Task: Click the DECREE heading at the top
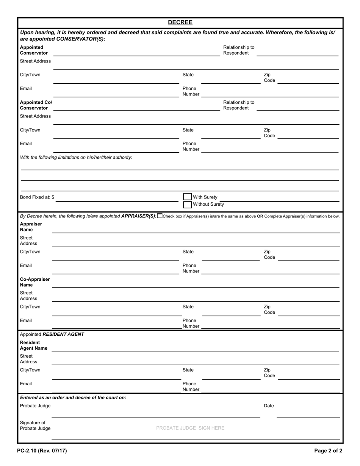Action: click(x=180, y=22)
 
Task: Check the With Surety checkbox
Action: click(x=187, y=197)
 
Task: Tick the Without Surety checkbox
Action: click(x=187, y=205)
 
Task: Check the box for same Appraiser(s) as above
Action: click(x=160, y=216)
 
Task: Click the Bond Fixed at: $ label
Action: click(x=37, y=197)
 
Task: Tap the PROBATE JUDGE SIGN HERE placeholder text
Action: click(x=190, y=428)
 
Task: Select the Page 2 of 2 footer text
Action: click(x=328, y=451)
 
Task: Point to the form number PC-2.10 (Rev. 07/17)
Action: click(x=42, y=451)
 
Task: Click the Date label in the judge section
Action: click(x=269, y=406)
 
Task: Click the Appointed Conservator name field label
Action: click(x=34, y=50)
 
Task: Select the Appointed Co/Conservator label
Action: click(x=36, y=105)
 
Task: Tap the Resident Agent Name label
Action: click(x=33, y=345)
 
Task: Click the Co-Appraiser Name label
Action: click(x=34, y=282)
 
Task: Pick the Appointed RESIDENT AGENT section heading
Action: click(x=52, y=334)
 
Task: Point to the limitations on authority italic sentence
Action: click(x=76, y=157)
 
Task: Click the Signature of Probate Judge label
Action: click(x=35, y=425)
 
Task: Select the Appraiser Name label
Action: click(x=31, y=227)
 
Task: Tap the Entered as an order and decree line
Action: click(x=73, y=397)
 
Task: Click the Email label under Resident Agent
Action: click(x=26, y=384)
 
